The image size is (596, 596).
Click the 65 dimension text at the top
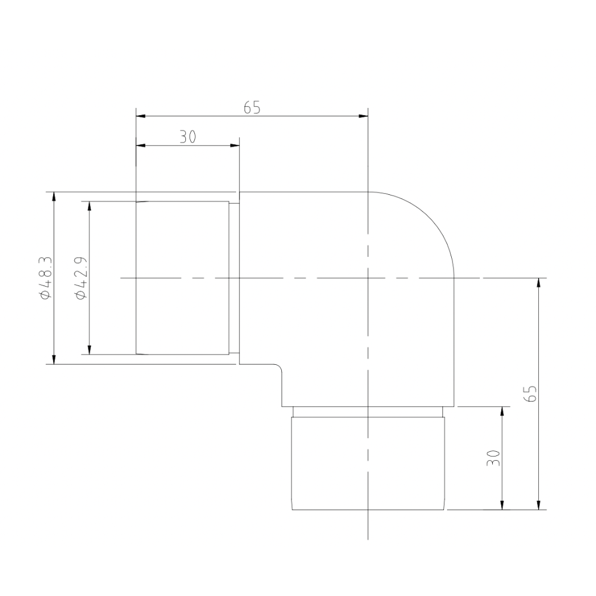252,108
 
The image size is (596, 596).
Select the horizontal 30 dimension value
188,137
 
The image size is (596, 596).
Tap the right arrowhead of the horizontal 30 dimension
234,145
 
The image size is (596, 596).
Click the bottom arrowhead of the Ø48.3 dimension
54,359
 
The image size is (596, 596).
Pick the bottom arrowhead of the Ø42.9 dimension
89,350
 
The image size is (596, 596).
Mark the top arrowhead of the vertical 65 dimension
539,283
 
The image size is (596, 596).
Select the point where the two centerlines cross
368,278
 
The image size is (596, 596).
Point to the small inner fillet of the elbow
277,368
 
